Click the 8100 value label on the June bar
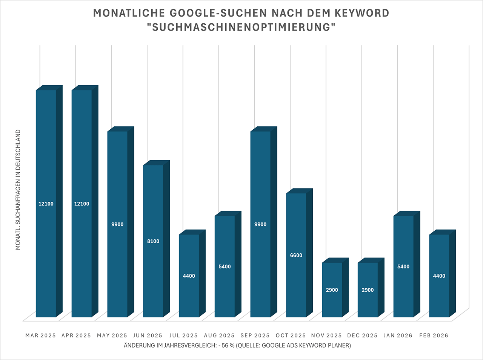pos(153,241)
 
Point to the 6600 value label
pos(296,255)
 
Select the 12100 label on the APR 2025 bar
pos(82,204)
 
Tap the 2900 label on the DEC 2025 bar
pos(368,290)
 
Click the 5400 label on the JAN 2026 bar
pos(403,267)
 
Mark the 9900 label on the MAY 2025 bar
pos(117,224)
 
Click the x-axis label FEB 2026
pos(434,335)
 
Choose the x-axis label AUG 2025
pos(219,335)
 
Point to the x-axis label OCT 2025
pos(291,335)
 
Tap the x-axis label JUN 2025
pos(148,335)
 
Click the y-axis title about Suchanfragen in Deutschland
pos(18,190)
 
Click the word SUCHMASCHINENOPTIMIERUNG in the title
pos(241,28)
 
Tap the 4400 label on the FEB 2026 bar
pos(439,276)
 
